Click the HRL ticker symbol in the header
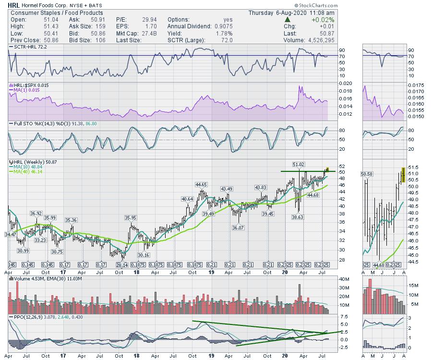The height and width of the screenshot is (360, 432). coord(14,5)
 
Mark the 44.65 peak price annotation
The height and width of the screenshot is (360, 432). coord(201,184)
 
